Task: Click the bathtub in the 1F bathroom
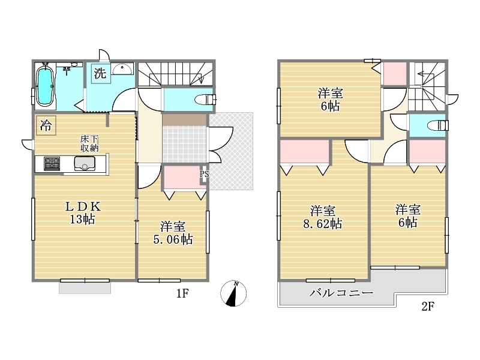(x=46, y=86)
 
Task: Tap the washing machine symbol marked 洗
(x=100, y=73)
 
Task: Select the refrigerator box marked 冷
(x=46, y=125)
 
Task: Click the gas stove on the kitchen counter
(x=52, y=164)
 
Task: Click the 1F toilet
(x=205, y=100)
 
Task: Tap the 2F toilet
(x=438, y=125)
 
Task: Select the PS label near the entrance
(x=204, y=175)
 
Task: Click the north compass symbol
(x=233, y=293)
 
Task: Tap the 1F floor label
(x=182, y=293)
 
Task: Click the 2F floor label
(x=428, y=306)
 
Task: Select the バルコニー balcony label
(x=341, y=293)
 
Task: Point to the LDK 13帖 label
(x=83, y=213)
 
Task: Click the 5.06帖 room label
(x=173, y=233)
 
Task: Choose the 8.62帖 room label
(x=323, y=217)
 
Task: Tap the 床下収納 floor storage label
(x=89, y=143)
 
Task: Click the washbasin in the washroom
(x=122, y=68)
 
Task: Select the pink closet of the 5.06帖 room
(x=182, y=178)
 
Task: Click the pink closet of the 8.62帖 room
(x=305, y=152)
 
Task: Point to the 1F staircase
(x=176, y=74)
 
